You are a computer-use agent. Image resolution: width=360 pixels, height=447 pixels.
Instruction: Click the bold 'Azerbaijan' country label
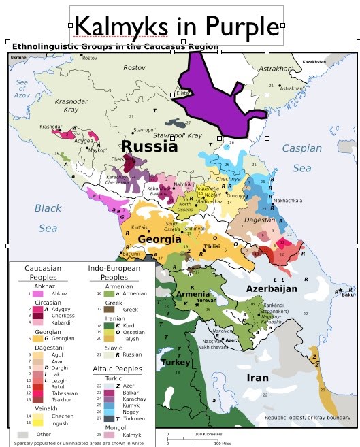(x=272, y=288)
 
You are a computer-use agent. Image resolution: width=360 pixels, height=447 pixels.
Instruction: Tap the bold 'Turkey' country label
(x=175, y=363)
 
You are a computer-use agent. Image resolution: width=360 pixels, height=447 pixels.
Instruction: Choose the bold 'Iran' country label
(x=257, y=378)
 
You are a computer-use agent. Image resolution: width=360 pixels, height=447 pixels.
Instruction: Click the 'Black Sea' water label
(x=48, y=218)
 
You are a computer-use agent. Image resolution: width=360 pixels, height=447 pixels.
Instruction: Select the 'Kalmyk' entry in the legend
(x=133, y=433)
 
